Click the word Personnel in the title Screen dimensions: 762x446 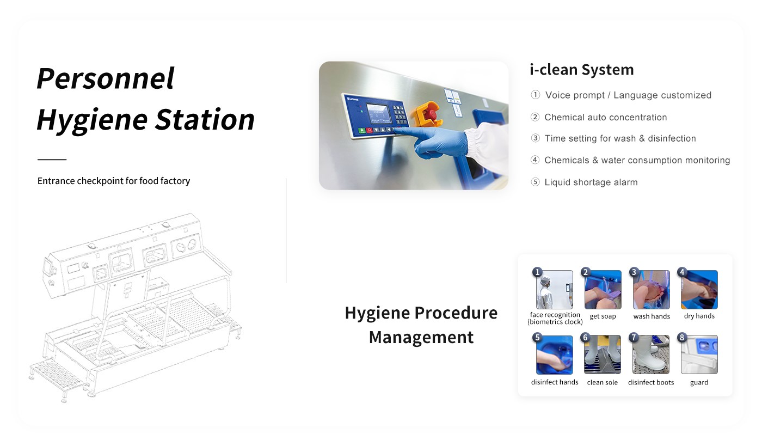(x=106, y=78)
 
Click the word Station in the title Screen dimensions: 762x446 (x=205, y=119)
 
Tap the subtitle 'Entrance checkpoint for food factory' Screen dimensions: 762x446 (x=114, y=181)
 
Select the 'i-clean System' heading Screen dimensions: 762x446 (x=582, y=70)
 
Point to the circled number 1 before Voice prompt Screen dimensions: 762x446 (x=535, y=95)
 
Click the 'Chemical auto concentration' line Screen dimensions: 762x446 (x=605, y=117)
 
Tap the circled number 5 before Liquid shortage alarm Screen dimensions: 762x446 (x=535, y=182)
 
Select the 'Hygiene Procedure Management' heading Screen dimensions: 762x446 (x=421, y=325)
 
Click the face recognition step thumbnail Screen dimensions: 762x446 (x=555, y=290)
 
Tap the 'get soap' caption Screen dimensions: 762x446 (x=603, y=316)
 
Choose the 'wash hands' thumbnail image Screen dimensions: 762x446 (x=651, y=290)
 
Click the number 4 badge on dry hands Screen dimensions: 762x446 (x=682, y=272)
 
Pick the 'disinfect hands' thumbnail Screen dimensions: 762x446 (x=555, y=355)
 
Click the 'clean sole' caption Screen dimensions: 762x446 (x=602, y=382)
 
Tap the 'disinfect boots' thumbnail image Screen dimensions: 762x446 (x=651, y=355)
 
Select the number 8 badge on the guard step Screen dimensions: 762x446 (x=682, y=338)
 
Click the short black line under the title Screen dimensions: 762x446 (x=52, y=160)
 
